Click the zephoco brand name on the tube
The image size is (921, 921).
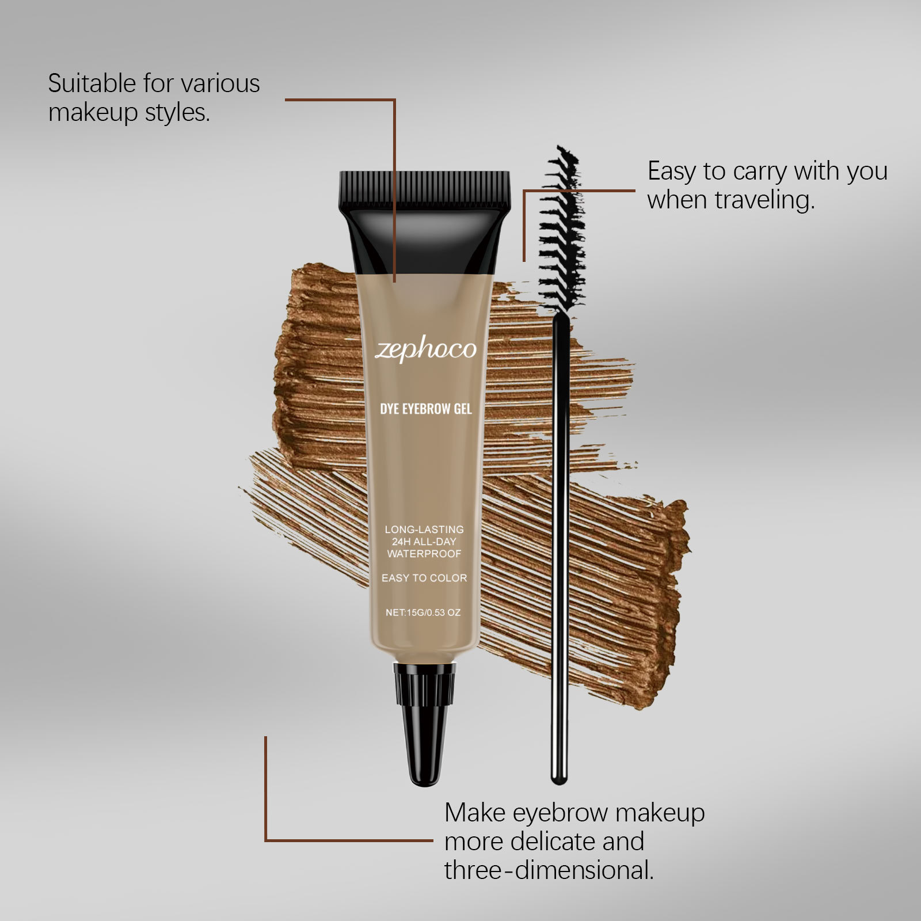click(x=425, y=350)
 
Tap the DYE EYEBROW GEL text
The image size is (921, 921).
click(x=425, y=409)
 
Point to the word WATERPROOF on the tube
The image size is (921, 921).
click(x=424, y=554)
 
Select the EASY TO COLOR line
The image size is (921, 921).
click(x=424, y=578)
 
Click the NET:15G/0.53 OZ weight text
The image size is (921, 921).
click(x=423, y=612)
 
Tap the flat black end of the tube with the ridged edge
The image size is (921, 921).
click(x=424, y=190)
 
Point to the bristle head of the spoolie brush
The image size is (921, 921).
click(x=561, y=230)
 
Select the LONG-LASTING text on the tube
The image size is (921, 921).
click(x=424, y=529)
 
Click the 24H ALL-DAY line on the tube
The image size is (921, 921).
click(x=424, y=542)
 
